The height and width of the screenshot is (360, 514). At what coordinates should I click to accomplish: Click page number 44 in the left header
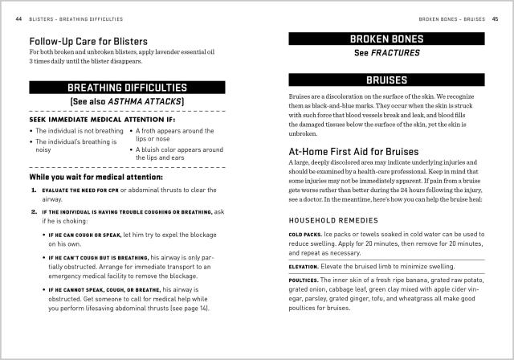click(18, 18)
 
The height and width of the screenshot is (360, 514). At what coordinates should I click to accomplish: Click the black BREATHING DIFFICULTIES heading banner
click(128, 87)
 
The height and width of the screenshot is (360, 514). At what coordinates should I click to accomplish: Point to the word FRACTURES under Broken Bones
click(398, 54)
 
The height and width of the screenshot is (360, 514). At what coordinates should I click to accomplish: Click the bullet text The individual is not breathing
click(77, 130)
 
